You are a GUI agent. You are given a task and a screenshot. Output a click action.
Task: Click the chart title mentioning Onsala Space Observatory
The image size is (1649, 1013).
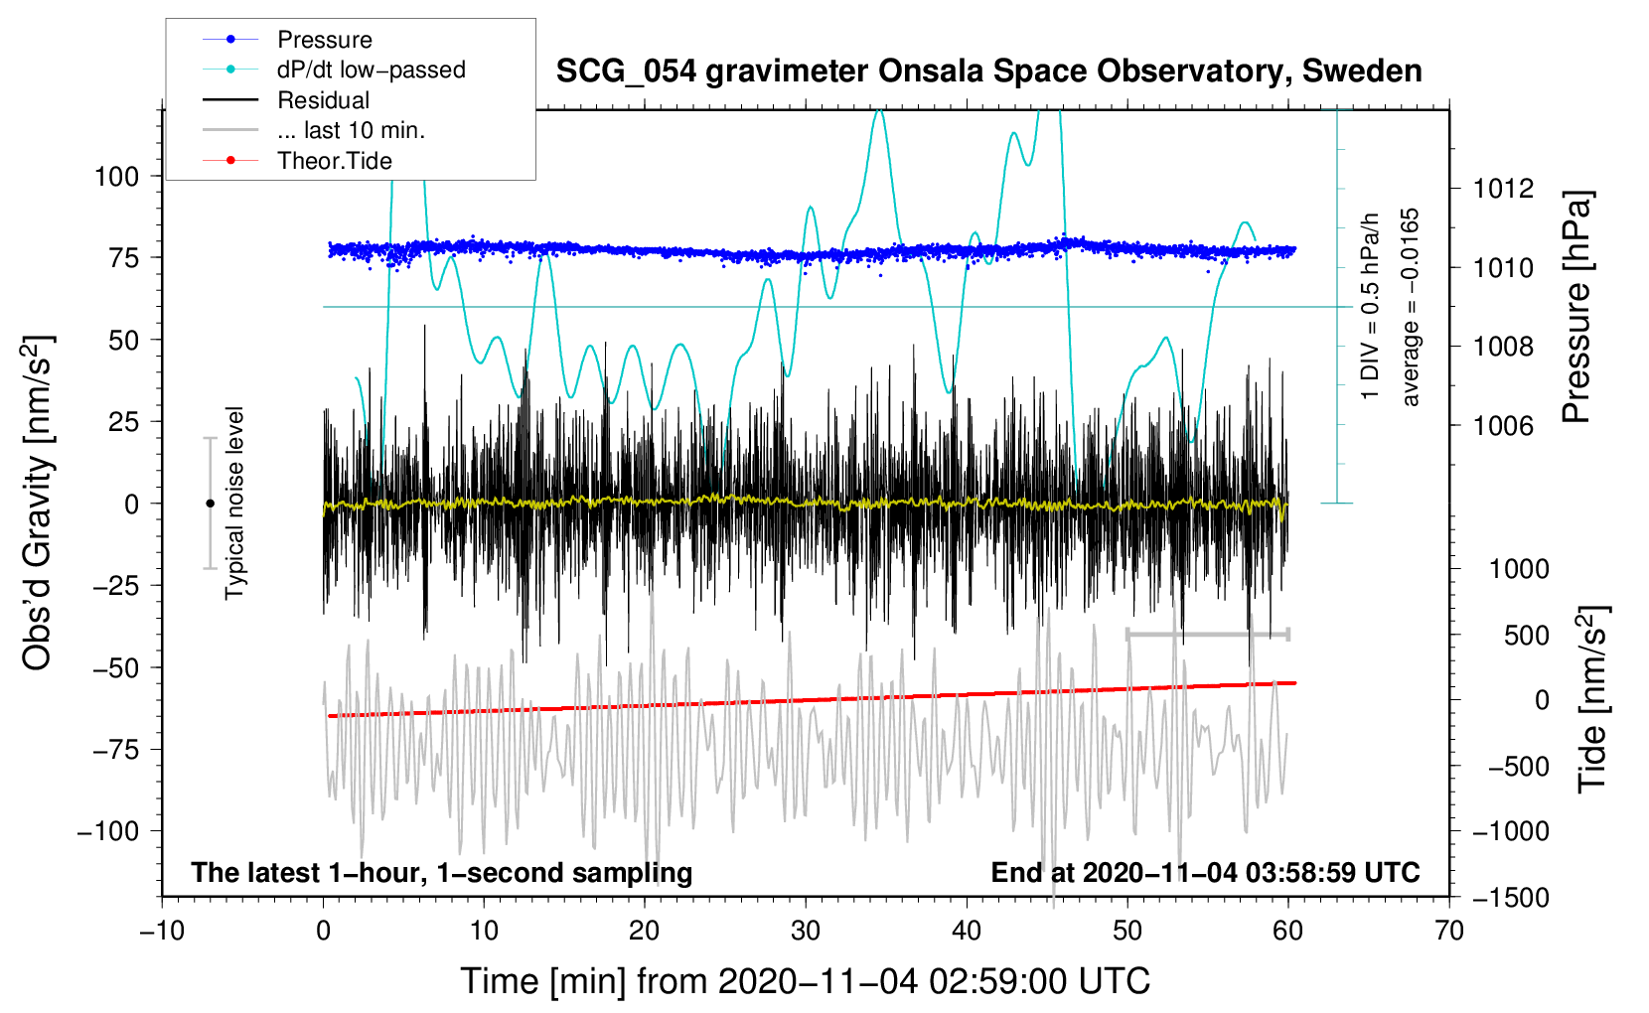click(x=988, y=72)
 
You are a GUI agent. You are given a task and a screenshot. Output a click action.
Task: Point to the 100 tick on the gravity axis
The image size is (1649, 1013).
click(x=116, y=177)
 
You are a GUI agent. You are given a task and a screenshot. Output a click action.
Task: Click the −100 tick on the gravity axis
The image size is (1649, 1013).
click(x=108, y=831)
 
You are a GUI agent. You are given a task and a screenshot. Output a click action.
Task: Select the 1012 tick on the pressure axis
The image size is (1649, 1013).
click(x=1504, y=189)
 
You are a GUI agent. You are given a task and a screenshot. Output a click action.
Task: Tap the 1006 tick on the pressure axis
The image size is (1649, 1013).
click(x=1504, y=426)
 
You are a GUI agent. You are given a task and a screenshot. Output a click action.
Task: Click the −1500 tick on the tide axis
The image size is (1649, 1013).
click(x=1511, y=898)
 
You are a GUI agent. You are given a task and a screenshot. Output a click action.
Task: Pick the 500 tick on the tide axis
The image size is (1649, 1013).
click(x=1526, y=636)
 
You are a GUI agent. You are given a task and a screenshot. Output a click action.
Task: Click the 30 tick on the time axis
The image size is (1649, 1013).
click(x=806, y=932)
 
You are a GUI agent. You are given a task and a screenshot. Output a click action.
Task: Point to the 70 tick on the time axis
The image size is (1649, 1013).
click(x=1449, y=932)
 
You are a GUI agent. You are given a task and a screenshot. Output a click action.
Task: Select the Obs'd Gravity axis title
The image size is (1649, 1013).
click(x=38, y=504)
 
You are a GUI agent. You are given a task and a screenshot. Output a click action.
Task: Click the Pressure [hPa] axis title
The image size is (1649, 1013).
click(x=1577, y=308)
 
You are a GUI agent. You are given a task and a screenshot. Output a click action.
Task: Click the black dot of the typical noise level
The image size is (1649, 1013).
click(x=210, y=504)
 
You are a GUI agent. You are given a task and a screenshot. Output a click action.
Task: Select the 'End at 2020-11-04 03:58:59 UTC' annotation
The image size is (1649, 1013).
click(x=1205, y=873)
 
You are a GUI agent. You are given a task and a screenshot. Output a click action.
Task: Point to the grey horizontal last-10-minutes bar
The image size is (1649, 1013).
click(x=1207, y=634)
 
